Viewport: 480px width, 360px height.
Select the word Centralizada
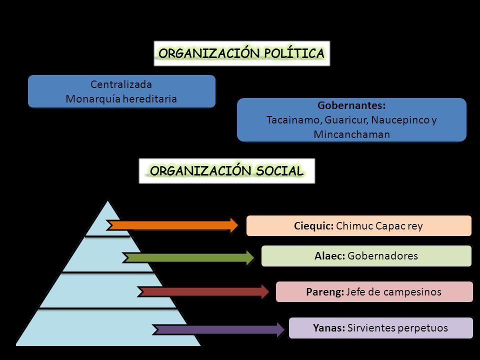(x=121, y=84)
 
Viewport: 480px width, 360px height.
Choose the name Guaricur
(x=343, y=120)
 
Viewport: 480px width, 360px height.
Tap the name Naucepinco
(x=400, y=120)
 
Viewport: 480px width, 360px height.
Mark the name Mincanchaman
(x=351, y=135)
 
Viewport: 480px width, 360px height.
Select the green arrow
(x=188, y=257)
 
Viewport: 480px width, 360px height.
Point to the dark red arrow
(x=203, y=291)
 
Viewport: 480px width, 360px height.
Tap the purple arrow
(x=218, y=329)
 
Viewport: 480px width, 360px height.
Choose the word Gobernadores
(x=382, y=256)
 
